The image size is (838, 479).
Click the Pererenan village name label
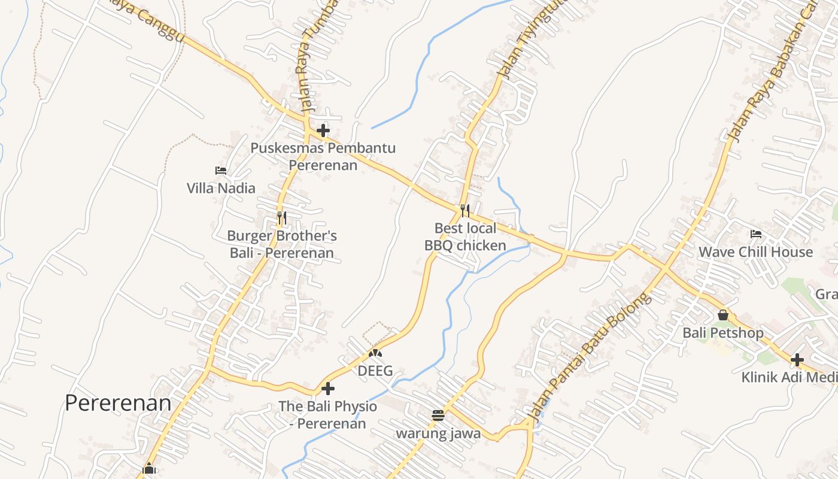point(118,403)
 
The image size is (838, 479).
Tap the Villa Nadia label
point(221,188)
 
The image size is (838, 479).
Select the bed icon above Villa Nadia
point(221,171)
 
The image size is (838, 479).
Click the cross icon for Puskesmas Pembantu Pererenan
point(323,130)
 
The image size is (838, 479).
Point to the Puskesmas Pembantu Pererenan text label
point(323,156)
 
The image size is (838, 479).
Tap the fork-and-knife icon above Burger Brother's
point(281,217)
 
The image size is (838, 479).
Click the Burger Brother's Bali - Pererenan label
point(282,244)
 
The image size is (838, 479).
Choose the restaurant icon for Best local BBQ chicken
point(465,210)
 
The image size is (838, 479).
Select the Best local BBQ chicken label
point(465,237)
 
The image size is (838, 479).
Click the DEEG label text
point(375,371)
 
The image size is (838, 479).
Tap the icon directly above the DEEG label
point(375,354)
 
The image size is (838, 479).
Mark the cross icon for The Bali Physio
point(327,389)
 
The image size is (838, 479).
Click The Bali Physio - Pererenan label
point(328,415)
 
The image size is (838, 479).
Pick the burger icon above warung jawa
point(438,415)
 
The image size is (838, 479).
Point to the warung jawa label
point(438,433)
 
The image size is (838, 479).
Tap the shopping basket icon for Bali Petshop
point(723,315)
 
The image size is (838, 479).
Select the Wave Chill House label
point(755,251)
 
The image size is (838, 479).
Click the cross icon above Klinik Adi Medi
point(797,360)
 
